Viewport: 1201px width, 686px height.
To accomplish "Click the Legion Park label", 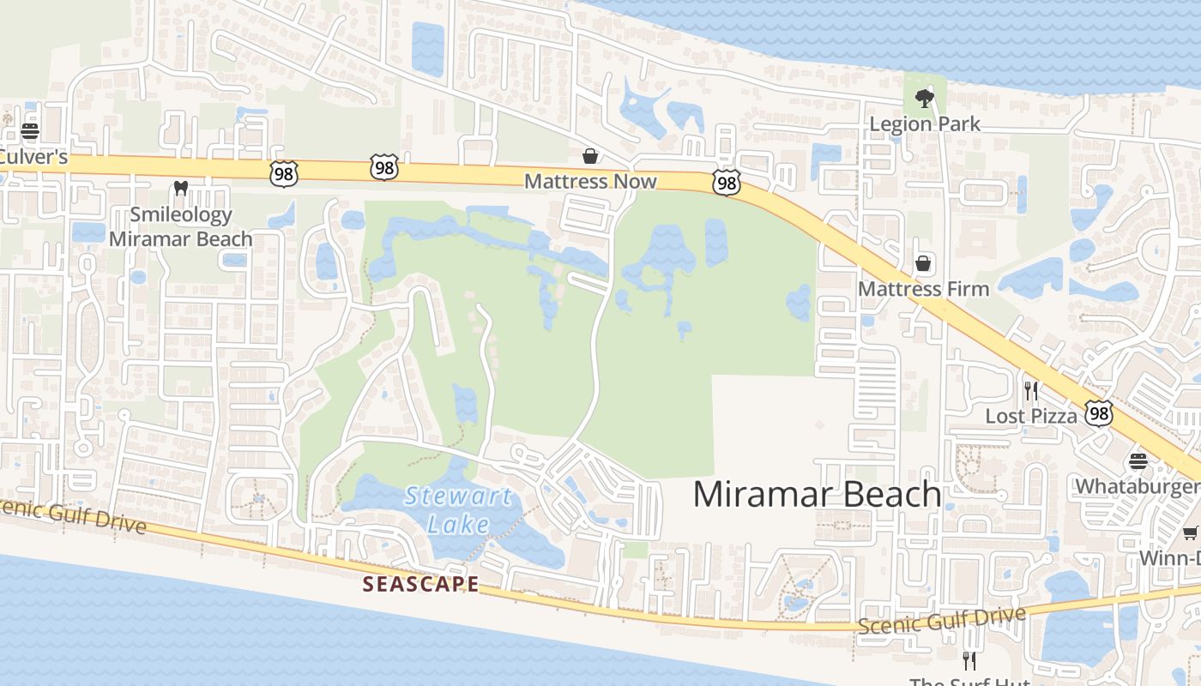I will pos(925,123).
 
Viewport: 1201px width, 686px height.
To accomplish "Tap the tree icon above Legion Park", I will pos(924,99).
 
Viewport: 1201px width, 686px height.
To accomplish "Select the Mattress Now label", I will pos(590,181).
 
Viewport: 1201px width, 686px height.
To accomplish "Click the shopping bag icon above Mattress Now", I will pos(590,156).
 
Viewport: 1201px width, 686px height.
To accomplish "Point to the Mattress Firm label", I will pos(924,289).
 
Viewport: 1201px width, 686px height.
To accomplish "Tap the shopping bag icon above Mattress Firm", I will pos(923,263).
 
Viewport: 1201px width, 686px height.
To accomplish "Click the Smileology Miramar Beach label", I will pos(180,226).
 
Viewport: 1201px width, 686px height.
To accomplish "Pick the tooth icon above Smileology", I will pos(180,188).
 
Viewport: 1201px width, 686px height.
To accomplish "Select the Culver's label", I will pos(33,157).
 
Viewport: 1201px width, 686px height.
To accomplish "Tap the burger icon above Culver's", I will pos(30,131).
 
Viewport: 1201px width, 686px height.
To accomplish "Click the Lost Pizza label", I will pos(1031,416).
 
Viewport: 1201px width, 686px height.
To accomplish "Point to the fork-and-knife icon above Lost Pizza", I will pos(1031,391).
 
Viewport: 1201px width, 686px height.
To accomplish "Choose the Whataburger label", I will pos(1138,486).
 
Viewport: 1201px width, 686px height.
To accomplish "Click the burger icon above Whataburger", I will pos(1138,461).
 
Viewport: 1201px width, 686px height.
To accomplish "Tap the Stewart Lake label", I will pos(458,509).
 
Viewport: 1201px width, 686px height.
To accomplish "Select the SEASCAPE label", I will pos(420,584).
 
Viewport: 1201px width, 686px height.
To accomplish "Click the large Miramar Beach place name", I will pos(817,494).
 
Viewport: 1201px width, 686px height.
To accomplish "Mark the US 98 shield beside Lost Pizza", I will pos(1099,414).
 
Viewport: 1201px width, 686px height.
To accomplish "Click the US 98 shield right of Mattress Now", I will pos(727,182).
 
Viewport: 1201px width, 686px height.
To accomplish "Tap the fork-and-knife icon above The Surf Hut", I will pos(969,660).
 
